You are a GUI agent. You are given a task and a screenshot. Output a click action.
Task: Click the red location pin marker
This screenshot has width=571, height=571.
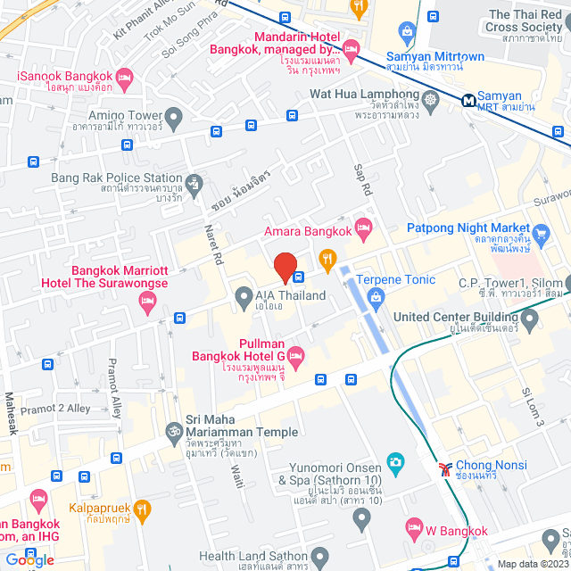click(285, 268)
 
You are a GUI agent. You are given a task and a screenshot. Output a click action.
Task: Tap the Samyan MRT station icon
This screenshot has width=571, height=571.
click(468, 101)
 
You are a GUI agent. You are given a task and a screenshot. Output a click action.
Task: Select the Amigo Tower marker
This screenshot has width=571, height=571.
click(174, 116)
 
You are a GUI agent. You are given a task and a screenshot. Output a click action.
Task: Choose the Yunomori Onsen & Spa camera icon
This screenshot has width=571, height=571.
click(395, 463)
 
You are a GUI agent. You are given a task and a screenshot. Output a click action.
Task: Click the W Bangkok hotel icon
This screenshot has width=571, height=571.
click(413, 528)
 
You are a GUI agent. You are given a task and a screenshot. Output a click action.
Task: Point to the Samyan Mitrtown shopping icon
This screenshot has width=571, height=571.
click(408, 35)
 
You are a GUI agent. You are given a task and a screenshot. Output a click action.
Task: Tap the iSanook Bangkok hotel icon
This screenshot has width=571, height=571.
click(124, 78)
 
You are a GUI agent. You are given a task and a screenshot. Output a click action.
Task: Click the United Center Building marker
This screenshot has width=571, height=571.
click(530, 317)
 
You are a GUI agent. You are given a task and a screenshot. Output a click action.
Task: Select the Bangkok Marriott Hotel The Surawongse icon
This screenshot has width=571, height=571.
click(148, 306)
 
